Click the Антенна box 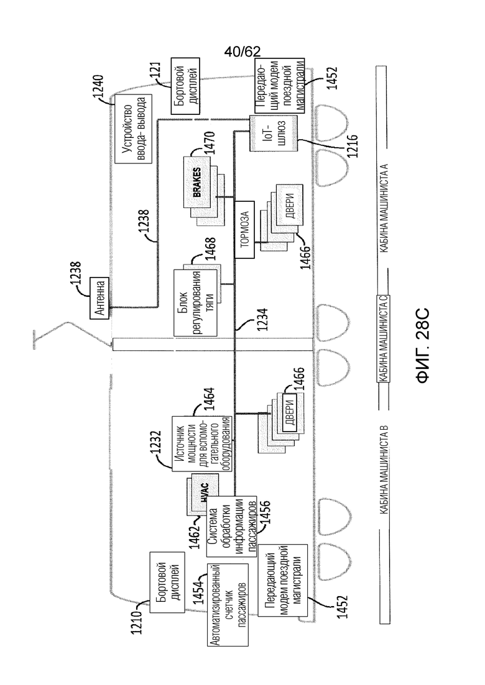click(99, 298)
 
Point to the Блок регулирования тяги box click(195, 302)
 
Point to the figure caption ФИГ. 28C click(423, 346)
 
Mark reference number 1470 click(210, 142)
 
